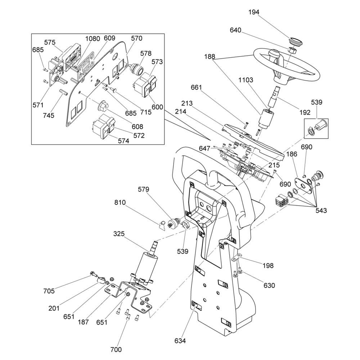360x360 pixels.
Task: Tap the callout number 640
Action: pyautogui.click(x=235, y=30)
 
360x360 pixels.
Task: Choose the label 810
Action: pyautogui.click(x=120, y=203)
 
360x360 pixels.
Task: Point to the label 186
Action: pyautogui.click(x=292, y=154)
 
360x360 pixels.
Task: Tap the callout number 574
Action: pyautogui.click(x=123, y=141)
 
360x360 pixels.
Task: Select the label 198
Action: pyautogui.click(x=267, y=266)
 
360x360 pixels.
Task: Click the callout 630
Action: pyautogui.click(x=269, y=285)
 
